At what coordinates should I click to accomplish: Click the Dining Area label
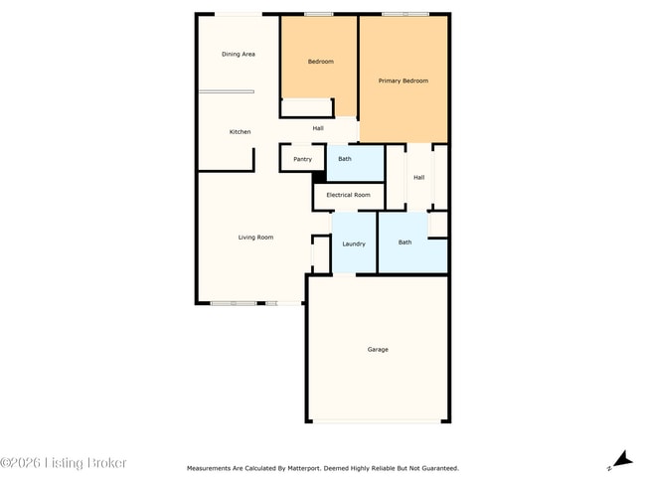239,54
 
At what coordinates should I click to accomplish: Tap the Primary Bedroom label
404,81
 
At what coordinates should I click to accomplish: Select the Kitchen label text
240,132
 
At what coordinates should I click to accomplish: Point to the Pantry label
302,159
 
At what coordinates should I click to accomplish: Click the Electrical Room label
349,195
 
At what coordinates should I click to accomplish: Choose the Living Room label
255,238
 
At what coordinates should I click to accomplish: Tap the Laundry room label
354,243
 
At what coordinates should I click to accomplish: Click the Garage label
378,350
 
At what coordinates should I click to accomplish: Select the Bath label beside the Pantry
345,159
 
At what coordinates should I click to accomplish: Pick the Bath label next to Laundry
405,242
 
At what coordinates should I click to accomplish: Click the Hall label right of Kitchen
318,128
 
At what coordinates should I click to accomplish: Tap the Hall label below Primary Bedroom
419,177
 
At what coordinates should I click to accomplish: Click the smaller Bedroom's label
320,62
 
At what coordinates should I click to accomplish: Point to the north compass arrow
621,459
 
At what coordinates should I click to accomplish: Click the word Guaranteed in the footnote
441,467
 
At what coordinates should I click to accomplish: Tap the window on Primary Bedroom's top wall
405,14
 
